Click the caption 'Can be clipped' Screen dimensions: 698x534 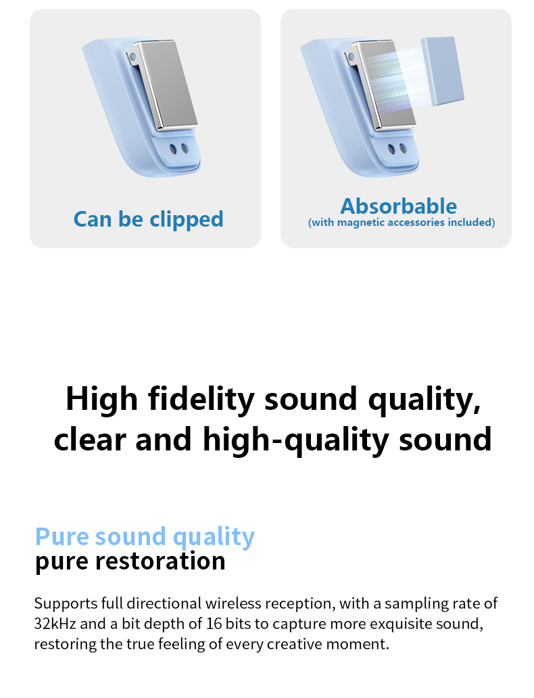148,219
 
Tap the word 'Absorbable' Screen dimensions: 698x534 398,206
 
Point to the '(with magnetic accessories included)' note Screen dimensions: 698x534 402,223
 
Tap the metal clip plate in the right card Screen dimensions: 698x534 387,85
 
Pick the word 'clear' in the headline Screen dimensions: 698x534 89,440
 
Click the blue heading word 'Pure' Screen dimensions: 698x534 62,536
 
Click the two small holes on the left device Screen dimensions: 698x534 178,149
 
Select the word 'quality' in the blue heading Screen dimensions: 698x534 214,536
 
